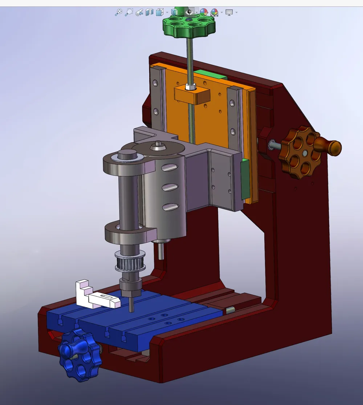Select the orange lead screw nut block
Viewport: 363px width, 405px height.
[192, 95]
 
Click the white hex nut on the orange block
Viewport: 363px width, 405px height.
[190, 87]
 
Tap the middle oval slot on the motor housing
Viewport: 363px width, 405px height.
[170, 187]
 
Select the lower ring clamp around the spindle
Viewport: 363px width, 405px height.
[129, 232]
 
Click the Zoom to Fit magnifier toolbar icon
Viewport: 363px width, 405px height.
[118, 12]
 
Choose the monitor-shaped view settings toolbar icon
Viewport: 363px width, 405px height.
[229, 12]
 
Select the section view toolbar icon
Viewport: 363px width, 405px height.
[149, 12]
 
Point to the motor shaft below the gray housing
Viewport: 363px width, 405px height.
[161, 251]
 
